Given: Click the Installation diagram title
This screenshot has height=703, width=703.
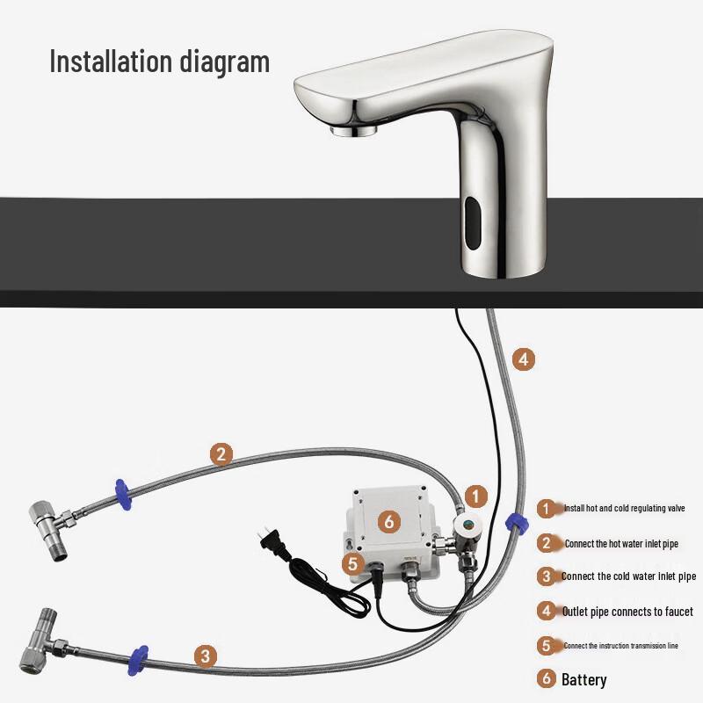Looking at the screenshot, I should pyautogui.click(x=159, y=62).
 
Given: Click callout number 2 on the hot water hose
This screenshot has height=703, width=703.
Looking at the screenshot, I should pyautogui.click(x=221, y=453).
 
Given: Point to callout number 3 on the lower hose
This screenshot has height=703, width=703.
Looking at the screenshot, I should pyautogui.click(x=205, y=655).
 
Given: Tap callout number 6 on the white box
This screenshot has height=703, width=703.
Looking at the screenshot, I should pyautogui.click(x=389, y=521).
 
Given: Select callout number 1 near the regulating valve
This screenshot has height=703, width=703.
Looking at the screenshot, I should pyautogui.click(x=475, y=496).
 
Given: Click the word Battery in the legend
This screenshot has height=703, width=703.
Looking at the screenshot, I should pyautogui.click(x=583, y=679).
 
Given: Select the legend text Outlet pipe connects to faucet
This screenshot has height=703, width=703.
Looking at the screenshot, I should pyautogui.click(x=627, y=611).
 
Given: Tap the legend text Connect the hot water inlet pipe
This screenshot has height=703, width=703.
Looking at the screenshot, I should pyautogui.click(x=620, y=544).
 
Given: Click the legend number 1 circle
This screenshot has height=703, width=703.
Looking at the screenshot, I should pyautogui.click(x=547, y=509).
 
